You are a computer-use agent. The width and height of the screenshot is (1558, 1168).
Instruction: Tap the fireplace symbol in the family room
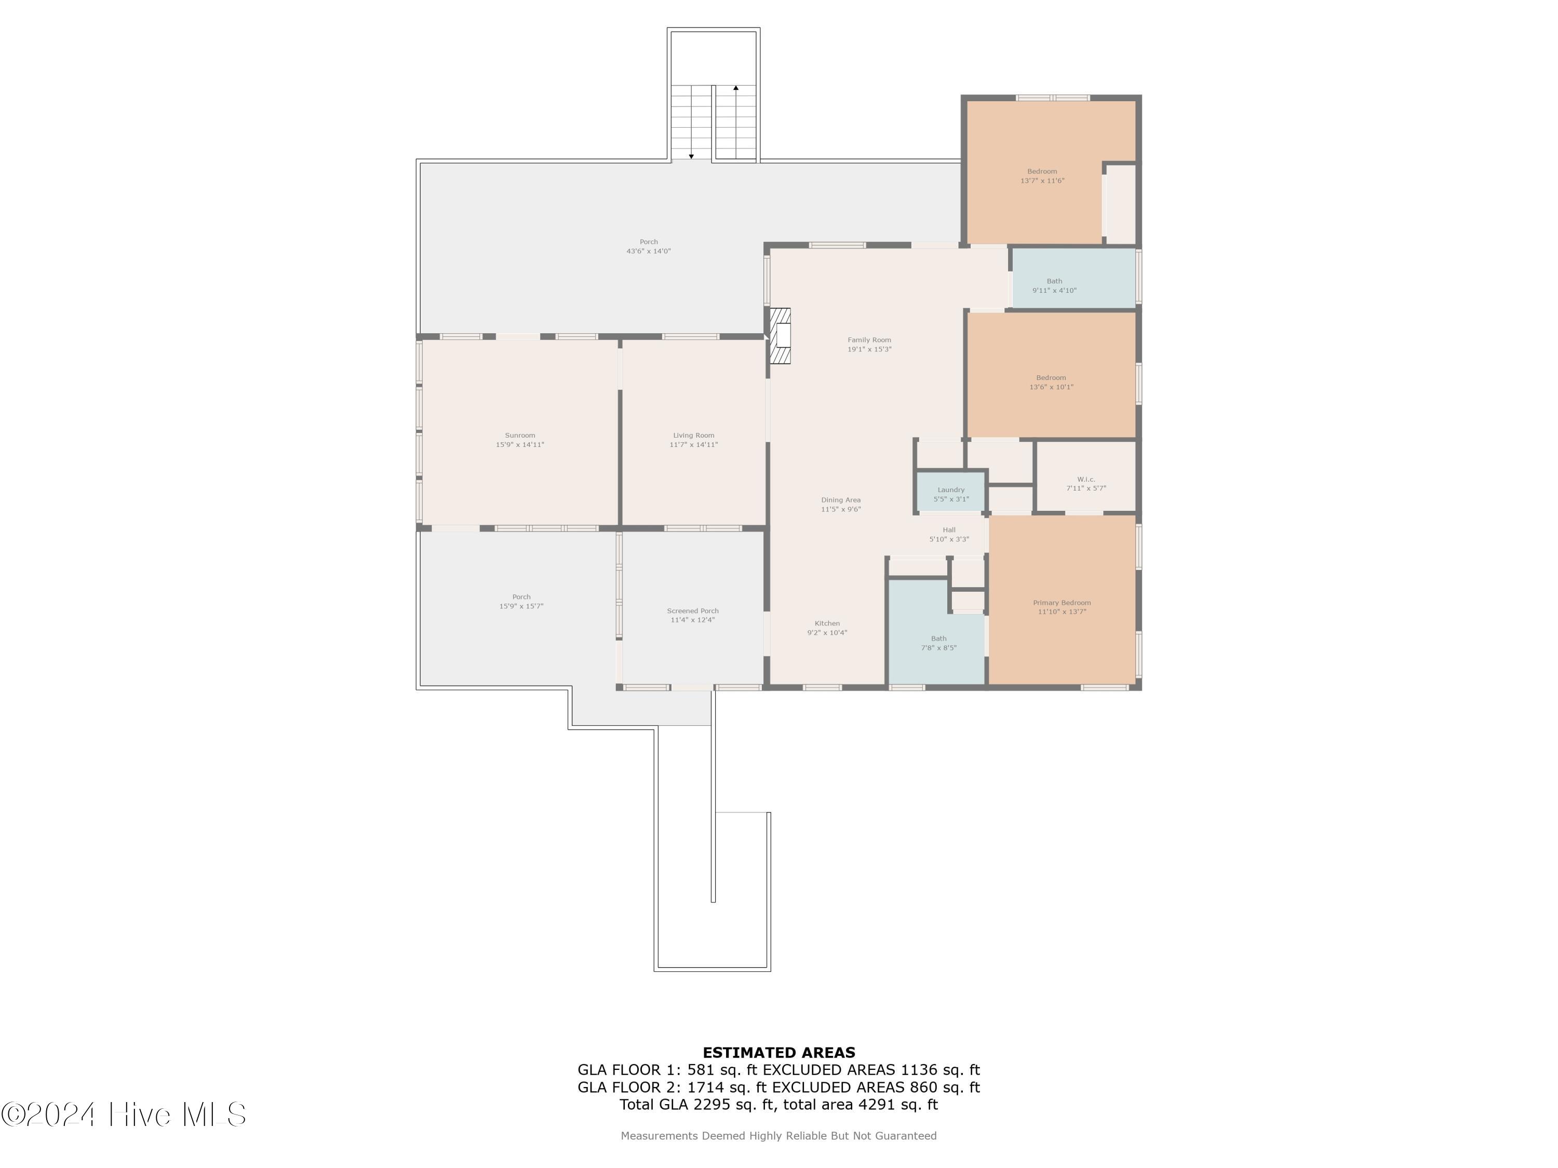780,336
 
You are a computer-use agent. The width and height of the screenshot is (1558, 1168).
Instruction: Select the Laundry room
951,491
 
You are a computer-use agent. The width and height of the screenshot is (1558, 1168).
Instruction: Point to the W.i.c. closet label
1086,480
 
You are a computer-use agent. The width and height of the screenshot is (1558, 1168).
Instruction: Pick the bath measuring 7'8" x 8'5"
936,632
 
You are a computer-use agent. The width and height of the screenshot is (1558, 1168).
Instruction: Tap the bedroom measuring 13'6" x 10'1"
1051,375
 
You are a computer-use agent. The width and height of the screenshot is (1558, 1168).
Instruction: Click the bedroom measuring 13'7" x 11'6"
1034,172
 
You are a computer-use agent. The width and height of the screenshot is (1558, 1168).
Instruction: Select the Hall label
949,530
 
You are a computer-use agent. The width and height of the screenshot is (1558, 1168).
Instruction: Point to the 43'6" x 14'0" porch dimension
649,251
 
